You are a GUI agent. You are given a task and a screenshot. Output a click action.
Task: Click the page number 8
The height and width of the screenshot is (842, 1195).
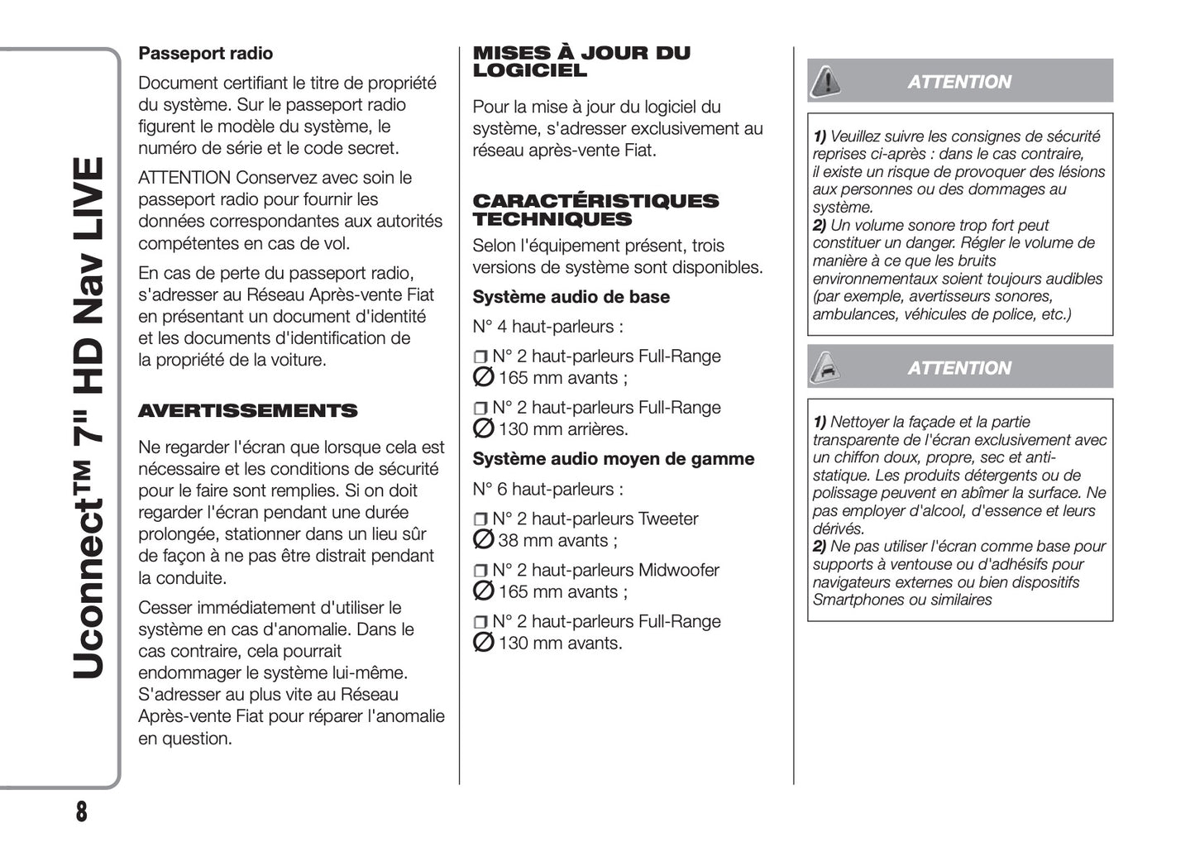pos(81,812)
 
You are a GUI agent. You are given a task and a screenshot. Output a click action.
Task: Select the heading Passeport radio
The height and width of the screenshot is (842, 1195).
pos(205,54)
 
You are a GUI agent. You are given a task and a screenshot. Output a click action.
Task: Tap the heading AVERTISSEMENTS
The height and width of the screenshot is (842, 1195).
pos(247,411)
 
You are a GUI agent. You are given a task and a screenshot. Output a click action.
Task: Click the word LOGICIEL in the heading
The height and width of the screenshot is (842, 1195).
pos(529,71)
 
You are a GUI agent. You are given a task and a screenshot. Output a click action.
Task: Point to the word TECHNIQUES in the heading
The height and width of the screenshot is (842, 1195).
pos(552,220)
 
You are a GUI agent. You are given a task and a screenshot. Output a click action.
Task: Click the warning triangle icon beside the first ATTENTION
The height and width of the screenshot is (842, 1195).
pos(825,81)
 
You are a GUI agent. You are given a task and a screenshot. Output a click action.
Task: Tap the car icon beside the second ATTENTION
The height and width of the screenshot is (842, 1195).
pos(825,367)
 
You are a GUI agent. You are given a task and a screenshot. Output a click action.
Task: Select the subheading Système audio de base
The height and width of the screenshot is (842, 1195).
pos(571,297)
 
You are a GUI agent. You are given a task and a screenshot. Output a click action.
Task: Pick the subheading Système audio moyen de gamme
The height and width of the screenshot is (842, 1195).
pos(613,459)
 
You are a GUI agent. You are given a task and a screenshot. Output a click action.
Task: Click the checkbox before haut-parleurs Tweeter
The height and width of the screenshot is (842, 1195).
pos(480,520)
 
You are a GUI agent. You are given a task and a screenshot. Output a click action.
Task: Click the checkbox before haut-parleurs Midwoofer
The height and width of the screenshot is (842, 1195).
pos(480,572)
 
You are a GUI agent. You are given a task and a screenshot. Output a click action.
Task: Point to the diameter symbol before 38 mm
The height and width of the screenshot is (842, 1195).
pos(483,540)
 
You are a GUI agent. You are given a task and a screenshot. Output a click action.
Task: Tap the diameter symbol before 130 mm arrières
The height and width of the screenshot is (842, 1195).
pos(483,428)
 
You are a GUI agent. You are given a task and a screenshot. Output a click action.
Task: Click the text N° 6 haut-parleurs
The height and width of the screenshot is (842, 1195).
pos(547,490)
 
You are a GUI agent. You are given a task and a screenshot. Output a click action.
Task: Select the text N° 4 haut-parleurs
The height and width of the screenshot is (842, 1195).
pos(547,327)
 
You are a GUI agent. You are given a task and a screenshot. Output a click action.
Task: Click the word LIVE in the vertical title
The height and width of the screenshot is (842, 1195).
pos(89,203)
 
